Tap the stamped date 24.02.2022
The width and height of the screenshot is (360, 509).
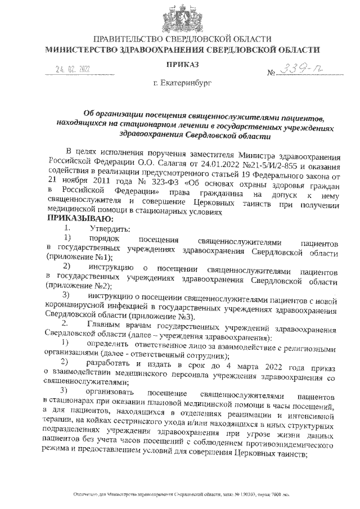73,69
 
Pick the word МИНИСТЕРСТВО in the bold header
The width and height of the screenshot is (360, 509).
82,49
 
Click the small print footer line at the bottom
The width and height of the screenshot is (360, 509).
181,494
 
